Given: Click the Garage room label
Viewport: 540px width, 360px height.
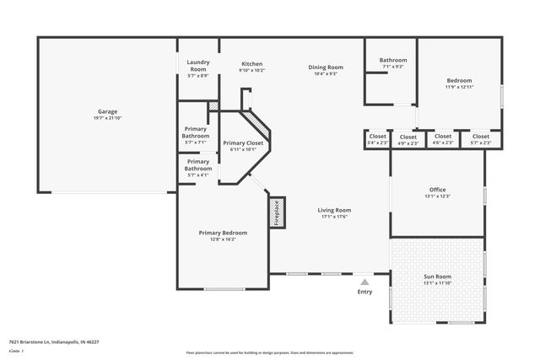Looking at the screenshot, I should click(106, 111).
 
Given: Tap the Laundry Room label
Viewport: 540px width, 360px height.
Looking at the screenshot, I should click(197, 65).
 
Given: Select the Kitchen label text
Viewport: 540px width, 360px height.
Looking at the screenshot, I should click(251, 64).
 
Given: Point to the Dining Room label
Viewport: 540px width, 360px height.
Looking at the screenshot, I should click(325, 67).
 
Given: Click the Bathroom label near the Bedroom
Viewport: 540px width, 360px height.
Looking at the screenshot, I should click(392, 60).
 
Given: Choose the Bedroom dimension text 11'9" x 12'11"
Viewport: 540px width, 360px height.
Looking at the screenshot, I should click(460, 87).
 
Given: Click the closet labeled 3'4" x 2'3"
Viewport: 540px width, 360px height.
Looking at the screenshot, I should click(377, 139).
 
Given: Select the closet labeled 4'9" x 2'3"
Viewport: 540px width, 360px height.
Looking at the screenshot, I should click(408, 140).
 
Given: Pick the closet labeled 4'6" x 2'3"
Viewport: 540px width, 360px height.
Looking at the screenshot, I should click(442, 139).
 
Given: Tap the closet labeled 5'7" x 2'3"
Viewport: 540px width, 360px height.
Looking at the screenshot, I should click(480, 139).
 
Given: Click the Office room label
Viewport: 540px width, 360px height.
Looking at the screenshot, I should click(437, 190).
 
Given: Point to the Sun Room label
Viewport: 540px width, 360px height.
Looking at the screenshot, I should click(437, 277).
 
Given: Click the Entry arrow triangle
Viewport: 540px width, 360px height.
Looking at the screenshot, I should click(364, 282).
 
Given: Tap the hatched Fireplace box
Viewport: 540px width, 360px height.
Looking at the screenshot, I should click(276, 213).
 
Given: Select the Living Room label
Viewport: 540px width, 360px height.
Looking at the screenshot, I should click(334, 210).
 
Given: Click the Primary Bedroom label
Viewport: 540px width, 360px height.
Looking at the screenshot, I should click(223, 233).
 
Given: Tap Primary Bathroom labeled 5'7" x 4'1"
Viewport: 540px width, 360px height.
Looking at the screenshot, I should click(197, 164).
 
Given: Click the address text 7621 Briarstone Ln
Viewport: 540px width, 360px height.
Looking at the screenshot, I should click(54, 342).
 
